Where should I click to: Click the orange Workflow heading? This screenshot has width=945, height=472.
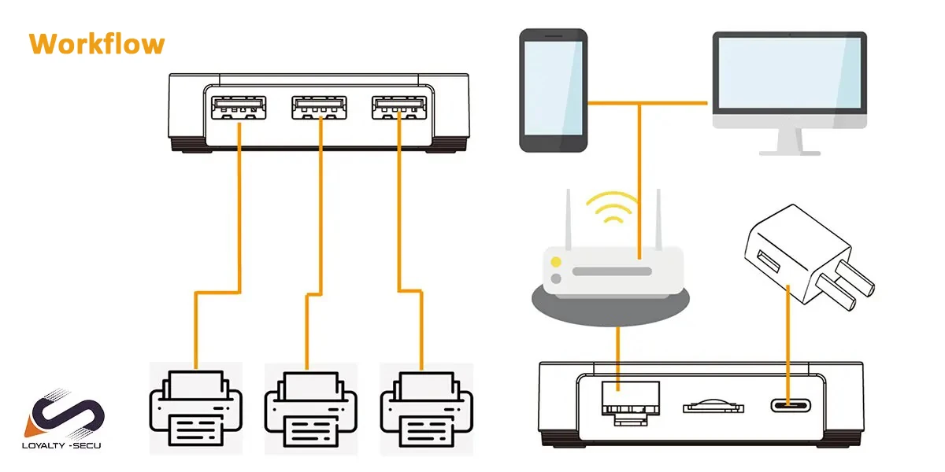(97, 43)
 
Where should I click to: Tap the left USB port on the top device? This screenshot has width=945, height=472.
(239, 107)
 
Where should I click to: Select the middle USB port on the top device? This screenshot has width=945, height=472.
(320, 107)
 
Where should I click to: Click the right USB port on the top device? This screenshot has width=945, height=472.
(400, 107)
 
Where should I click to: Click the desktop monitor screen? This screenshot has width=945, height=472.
(789, 73)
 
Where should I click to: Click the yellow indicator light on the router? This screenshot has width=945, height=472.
(556, 262)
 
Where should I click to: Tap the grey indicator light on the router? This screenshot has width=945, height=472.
(556, 278)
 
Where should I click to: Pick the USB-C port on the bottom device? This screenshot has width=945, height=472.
(789, 406)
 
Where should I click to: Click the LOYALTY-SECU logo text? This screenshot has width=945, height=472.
(68, 444)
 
